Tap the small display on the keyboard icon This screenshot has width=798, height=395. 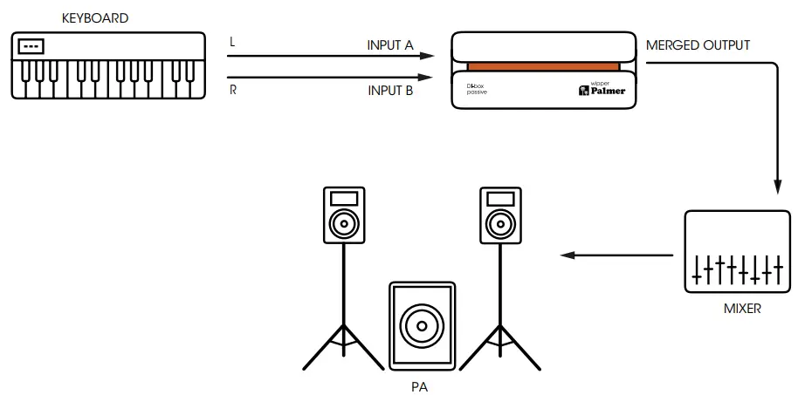point(32,45)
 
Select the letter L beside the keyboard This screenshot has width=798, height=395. point(232,41)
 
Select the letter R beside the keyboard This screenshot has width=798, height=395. point(233,89)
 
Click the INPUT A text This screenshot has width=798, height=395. point(390,44)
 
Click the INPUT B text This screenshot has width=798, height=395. point(390,91)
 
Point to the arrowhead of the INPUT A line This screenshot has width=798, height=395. point(427,56)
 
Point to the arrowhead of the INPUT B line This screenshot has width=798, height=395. point(427,78)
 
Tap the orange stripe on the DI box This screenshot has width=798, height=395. point(543,66)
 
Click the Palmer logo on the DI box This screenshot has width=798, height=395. point(602,89)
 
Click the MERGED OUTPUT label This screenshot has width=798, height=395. point(697,45)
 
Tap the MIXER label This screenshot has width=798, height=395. point(742,308)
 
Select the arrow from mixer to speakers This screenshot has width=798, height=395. point(616,255)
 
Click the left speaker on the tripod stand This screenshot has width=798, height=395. point(343,215)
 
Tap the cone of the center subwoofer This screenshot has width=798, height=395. point(420,325)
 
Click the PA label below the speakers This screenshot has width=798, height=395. point(420,385)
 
